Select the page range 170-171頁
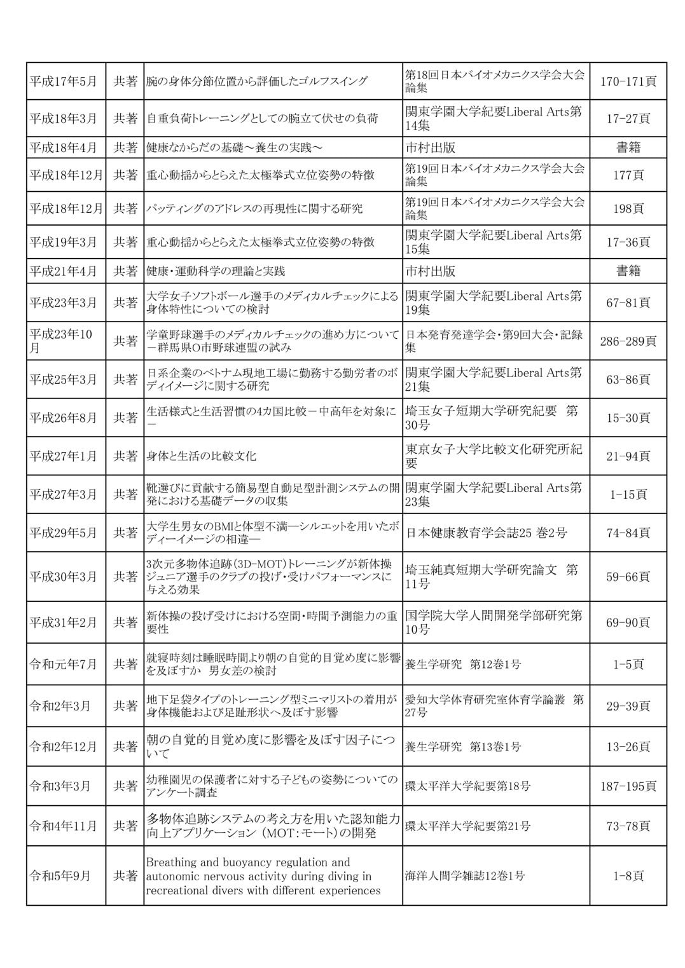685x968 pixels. point(628,81)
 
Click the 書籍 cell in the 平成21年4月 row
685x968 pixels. point(628,271)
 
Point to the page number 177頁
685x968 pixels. point(628,175)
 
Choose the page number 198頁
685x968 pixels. point(628,208)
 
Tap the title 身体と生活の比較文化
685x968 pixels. point(202,456)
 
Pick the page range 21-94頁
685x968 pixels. point(628,456)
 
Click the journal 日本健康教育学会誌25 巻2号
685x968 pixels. point(486,533)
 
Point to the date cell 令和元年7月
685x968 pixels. point(63,664)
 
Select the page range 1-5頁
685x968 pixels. point(628,664)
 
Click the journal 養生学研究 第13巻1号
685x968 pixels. point(463,747)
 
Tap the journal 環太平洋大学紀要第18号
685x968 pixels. point(467,786)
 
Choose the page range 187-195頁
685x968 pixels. point(628,786)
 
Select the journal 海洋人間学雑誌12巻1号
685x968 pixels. point(465,876)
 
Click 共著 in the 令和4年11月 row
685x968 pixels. point(125,826)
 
